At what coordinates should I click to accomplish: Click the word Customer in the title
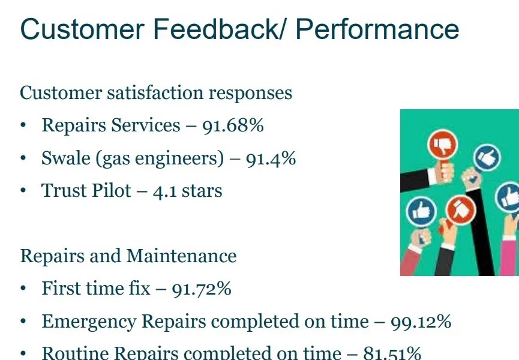pos(82,29)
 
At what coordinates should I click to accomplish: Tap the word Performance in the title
pos(377,29)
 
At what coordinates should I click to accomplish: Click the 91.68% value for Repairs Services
pos(233,125)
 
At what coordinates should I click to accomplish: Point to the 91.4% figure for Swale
pos(271,158)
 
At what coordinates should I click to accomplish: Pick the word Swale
pos(66,158)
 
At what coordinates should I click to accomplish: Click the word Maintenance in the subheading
pos(181,256)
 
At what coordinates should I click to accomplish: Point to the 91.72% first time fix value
pos(202,289)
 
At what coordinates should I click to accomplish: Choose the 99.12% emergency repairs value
pos(421,322)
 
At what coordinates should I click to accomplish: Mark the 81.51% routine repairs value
pos(392,353)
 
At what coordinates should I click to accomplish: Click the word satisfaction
pos(155,92)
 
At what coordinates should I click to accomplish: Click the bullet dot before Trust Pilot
pos(23,191)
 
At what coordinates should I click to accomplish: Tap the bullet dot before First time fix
pos(23,289)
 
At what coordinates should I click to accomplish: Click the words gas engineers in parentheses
pos(160,159)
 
